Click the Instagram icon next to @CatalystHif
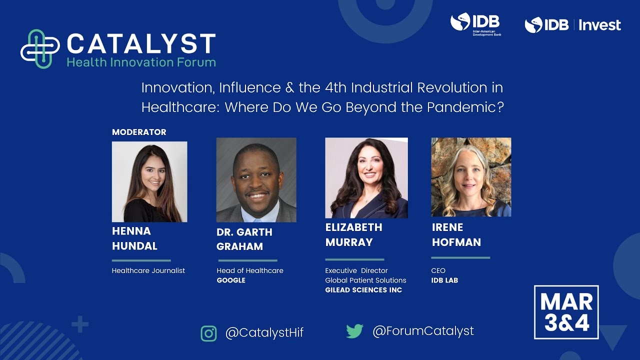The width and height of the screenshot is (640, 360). tap(208, 333)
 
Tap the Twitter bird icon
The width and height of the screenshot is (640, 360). tap(354, 331)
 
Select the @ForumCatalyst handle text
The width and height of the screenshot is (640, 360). tap(423, 331)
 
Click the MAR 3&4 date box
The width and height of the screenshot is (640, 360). tap(566, 312)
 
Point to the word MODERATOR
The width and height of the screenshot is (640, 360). tap(139, 132)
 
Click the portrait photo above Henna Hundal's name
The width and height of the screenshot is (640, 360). tap(149, 181)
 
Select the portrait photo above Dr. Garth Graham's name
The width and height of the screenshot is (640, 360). tap(256, 180)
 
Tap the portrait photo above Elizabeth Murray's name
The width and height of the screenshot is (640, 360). tap(366, 177)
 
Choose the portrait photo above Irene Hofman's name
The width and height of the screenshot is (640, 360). tap(471, 177)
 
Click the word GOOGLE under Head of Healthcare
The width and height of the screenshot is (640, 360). tap(231, 280)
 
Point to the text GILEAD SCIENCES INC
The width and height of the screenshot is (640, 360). tap(363, 290)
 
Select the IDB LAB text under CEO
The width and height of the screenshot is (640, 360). tap(444, 280)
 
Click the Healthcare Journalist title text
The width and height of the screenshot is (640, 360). tap(148, 270)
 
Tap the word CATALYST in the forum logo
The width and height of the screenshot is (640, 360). tap(141, 44)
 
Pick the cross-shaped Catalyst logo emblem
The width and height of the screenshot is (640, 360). tap(40, 49)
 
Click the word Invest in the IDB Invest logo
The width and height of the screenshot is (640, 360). tap(599, 25)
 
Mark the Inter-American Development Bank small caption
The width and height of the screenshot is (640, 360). tap(487, 33)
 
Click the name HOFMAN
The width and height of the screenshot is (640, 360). tap(456, 242)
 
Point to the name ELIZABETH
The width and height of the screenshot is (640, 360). tap(353, 227)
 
